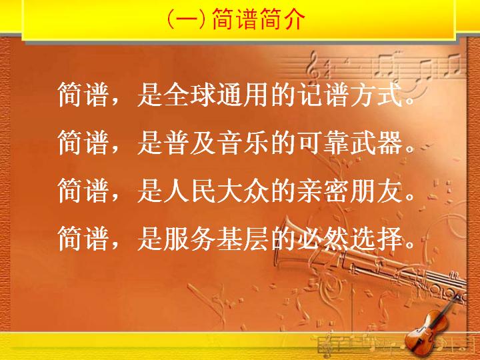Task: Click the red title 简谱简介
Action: (259, 19)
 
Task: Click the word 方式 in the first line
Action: (377, 94)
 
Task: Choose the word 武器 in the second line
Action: (377, 143)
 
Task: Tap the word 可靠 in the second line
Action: (324, 143)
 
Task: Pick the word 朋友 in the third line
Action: (377, 191)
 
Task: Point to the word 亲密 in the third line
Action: (324, 191)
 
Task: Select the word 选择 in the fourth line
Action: (377, 239)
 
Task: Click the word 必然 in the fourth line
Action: (324, 239)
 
